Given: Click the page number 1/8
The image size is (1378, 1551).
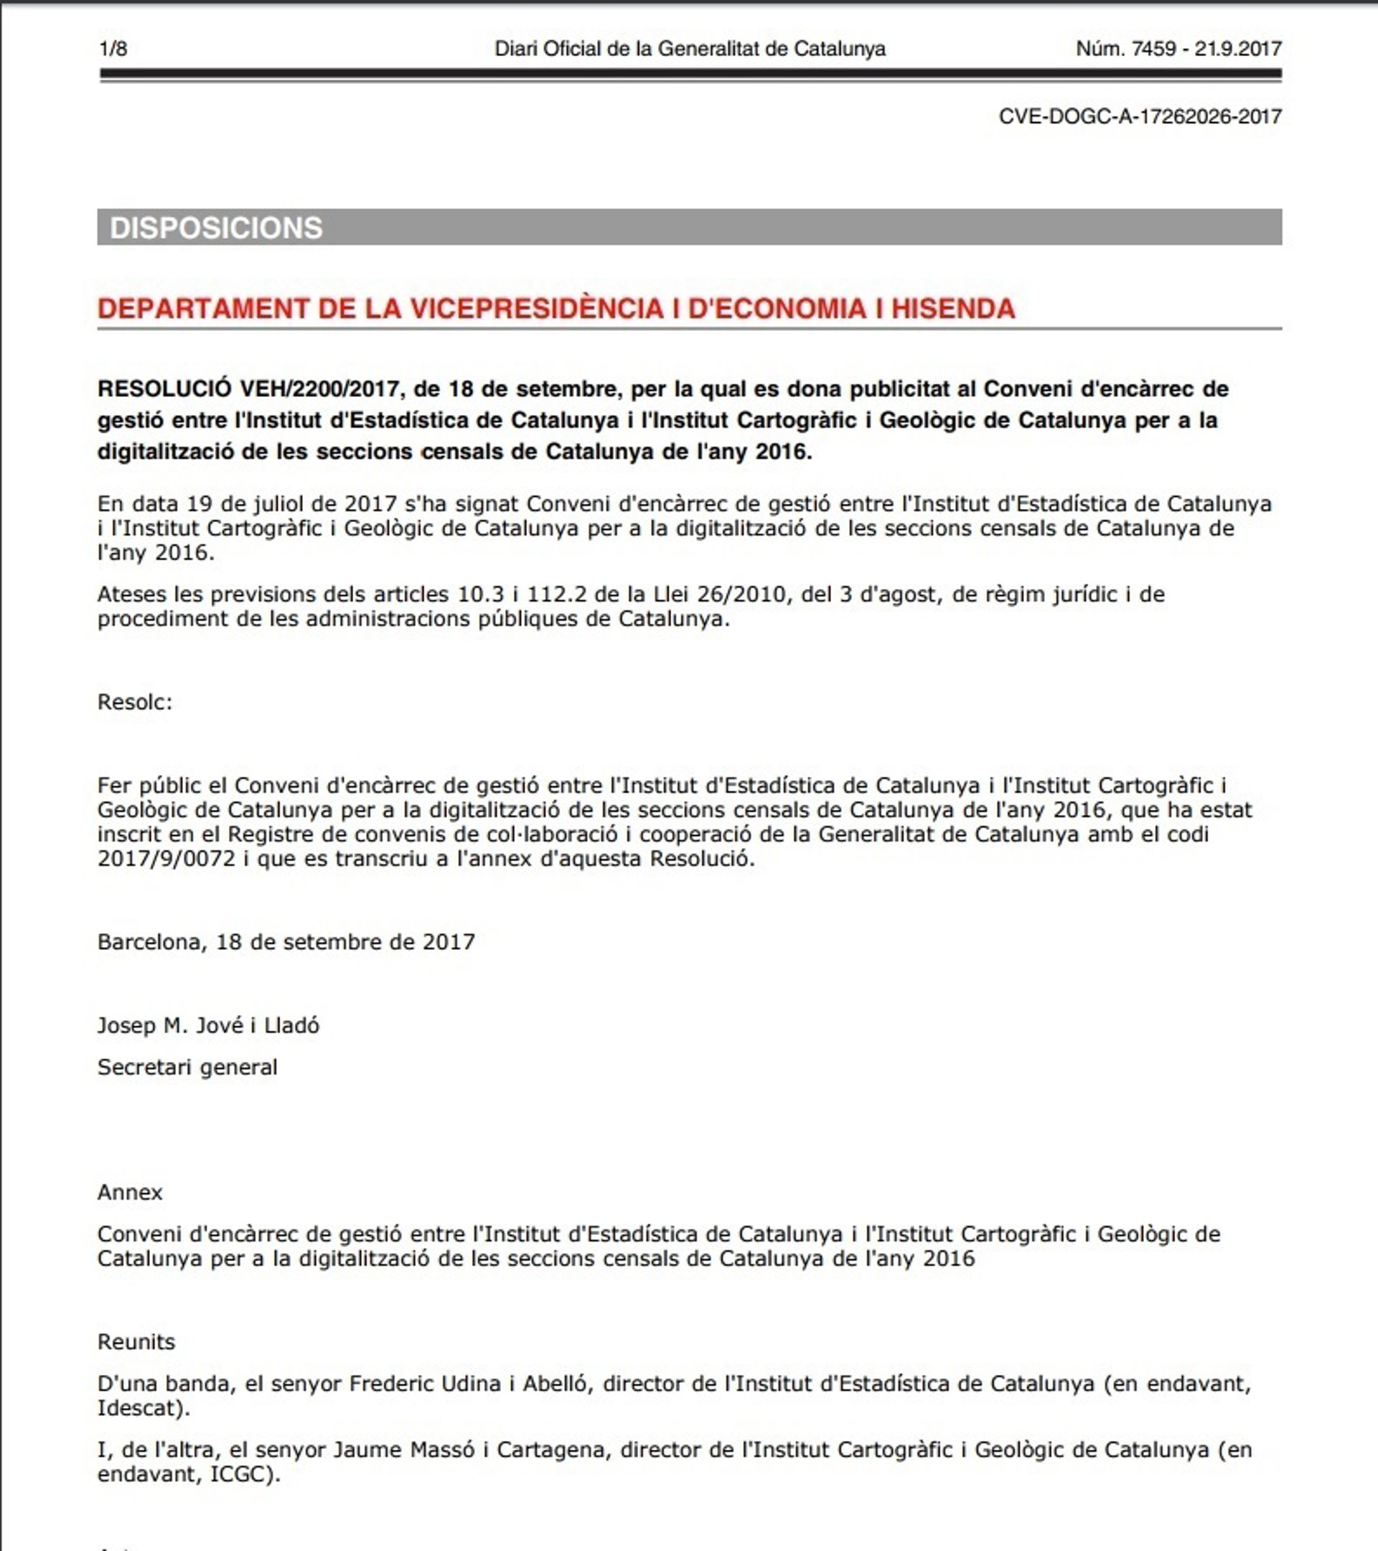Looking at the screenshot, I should coord(113,50).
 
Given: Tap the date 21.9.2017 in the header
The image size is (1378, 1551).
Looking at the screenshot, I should coord(1238,50).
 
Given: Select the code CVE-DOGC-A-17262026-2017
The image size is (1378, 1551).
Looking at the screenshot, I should coord(1140,117).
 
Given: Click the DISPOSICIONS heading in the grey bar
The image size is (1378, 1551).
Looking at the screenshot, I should coord(216,228).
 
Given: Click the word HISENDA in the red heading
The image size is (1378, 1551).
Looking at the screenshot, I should coord(952,309).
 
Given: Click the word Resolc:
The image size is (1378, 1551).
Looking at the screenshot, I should coord(135,702).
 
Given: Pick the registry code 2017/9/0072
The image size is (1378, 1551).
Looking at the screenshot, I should coord(167,859).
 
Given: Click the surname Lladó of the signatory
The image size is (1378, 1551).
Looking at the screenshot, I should coord(291,1025).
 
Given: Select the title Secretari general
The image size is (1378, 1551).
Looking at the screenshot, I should coord(187,1067).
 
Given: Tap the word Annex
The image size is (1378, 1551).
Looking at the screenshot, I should coord(130,1192).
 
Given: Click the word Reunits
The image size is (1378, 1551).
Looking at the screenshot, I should coord(136,1341).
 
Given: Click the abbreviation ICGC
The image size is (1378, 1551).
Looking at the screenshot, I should coord(237,1474).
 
